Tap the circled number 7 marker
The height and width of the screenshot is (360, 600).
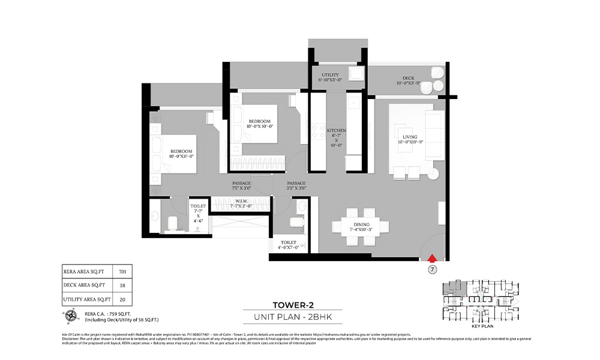[x=431, y=270]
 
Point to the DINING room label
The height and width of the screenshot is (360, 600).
[x=361, y=226]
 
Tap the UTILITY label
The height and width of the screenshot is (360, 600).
[x=331, y=77]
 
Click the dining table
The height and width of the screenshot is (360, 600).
[x=361, y=226]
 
